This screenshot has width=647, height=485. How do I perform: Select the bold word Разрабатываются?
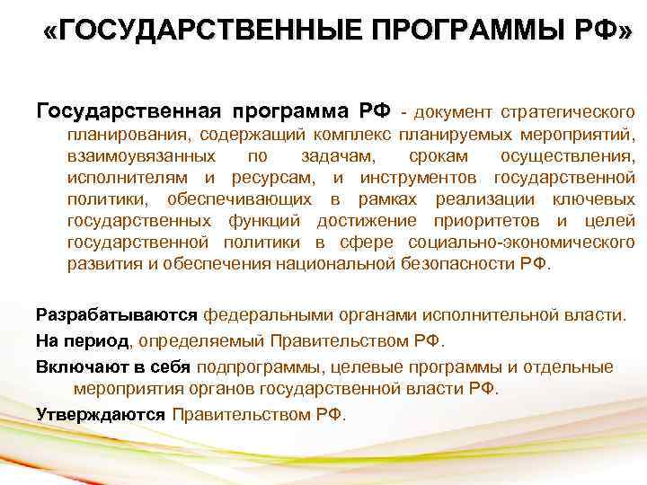coord(116,315)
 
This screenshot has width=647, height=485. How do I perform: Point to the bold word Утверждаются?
coord(101,414)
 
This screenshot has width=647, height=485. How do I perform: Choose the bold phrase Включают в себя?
coord(113,366)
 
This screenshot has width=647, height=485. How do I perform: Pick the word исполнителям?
coord(124,178)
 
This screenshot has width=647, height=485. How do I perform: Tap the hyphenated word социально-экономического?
coord(521,242)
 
